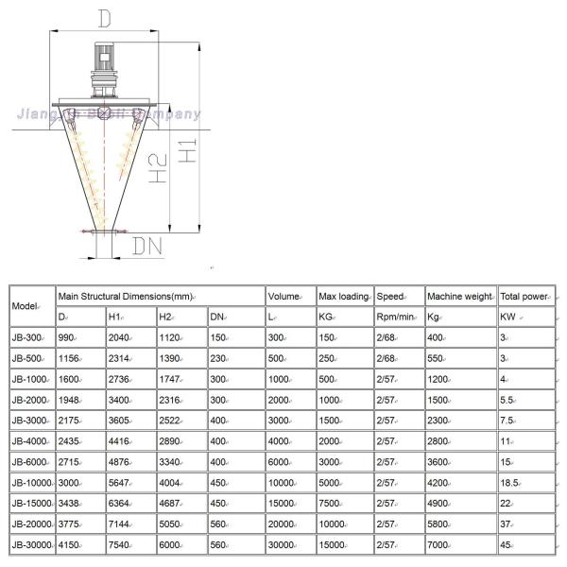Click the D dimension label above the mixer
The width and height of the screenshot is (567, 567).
(x=105, y=17)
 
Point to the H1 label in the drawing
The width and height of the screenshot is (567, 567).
(x=187, y=145)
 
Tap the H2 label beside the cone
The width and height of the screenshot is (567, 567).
(x=158, y=168)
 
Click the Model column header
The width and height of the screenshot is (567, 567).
(x=26, y=307)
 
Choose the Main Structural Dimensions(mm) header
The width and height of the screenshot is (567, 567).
(x=132, y=297)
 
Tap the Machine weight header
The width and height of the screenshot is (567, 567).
(x=459, y=297)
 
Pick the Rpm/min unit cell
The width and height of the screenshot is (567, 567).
(x=394, y=317)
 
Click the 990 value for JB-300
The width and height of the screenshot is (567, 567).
(x=67, y=337)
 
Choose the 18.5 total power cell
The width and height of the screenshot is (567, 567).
(x=511, y=482)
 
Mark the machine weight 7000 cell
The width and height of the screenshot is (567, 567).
(x=438, y=544)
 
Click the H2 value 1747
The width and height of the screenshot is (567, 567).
(x=171, y=379)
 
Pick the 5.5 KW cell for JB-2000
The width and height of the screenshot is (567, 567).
(x=507, y=400)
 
